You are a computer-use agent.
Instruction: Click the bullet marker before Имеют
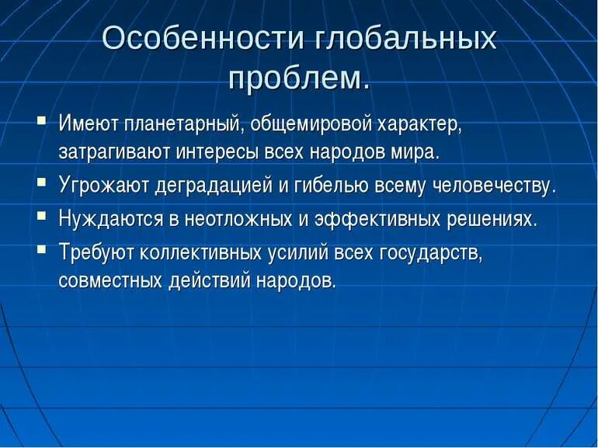41,121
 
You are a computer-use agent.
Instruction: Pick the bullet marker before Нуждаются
41,217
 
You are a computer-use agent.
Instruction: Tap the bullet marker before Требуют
41,248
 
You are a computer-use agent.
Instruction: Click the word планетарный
178,124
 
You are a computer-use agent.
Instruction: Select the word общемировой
312,124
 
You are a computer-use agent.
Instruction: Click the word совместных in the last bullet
110,280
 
